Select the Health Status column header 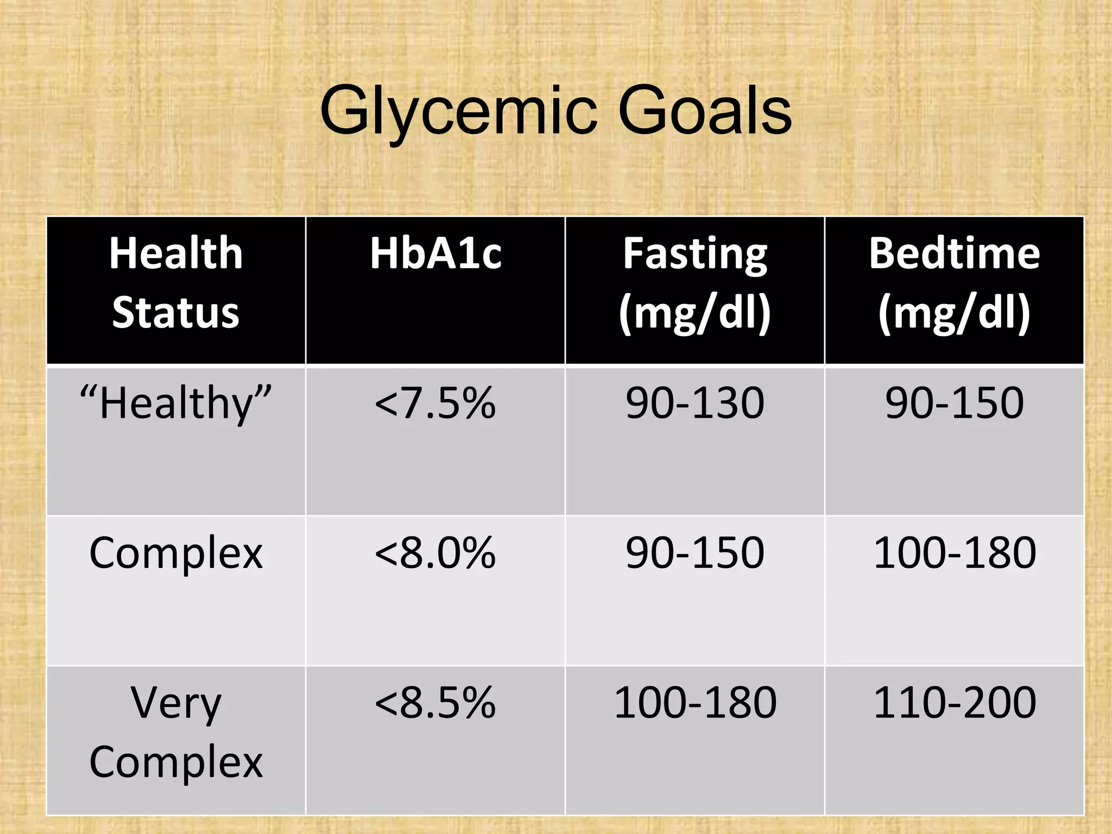[175, 283]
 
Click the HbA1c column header [435, 254]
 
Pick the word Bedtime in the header [954, 254]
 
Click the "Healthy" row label [175, 403]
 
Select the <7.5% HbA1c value [435, 403]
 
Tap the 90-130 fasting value [695, 403]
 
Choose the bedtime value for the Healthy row [954, 403]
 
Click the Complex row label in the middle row [175, 553]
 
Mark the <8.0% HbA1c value [435, 553]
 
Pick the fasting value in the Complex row [695, 553]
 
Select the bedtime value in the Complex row [954, 553]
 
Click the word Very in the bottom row [175, 703]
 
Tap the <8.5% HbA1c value [435, 703]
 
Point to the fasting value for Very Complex [695, 703]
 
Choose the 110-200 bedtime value [954, 703]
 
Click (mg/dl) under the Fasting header [695, 313]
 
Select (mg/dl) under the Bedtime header [954, 313]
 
